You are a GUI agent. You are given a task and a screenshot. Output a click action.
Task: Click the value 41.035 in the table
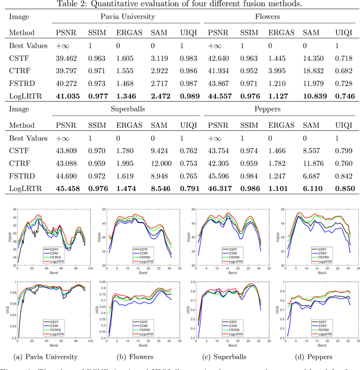[x=67, y=95]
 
